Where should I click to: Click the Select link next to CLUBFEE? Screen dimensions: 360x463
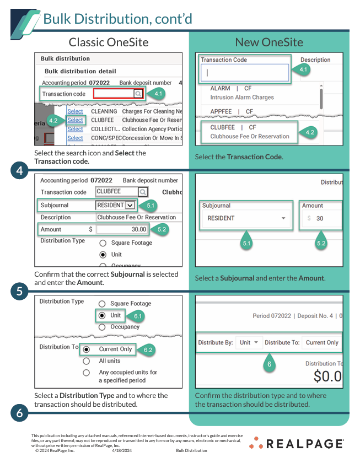(75, 120)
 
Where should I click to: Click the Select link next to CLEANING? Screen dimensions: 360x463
(75, 111)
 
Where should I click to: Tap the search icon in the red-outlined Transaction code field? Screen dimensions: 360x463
(138, 94)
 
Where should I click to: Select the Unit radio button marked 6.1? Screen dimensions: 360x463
(102, 315)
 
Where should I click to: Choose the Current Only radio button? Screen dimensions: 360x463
(86, 349)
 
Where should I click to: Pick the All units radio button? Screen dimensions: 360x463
(86, 361)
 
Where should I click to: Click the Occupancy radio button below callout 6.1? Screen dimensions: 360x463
(102, 327)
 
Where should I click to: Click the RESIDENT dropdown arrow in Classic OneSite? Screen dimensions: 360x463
(130, 205)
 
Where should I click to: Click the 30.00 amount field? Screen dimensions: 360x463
(122, 229)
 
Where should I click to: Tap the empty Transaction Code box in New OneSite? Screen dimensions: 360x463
(245, 73)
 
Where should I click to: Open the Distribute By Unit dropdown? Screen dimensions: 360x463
(249, 342)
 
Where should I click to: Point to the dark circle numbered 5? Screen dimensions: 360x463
(19, 292)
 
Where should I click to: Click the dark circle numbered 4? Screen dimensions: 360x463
(19, 170)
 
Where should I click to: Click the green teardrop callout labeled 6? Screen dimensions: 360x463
(270, 363)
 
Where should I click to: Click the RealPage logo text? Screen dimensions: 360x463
(305, 444)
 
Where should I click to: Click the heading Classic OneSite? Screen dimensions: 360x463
(109, 42)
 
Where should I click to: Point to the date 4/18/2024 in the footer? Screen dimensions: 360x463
(122, 451)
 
